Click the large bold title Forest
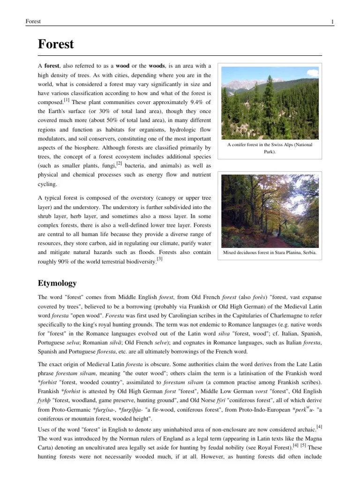(55, 44)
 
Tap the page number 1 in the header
(332, 22)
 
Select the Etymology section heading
(57, 284)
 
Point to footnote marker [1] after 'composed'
(67, 99)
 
